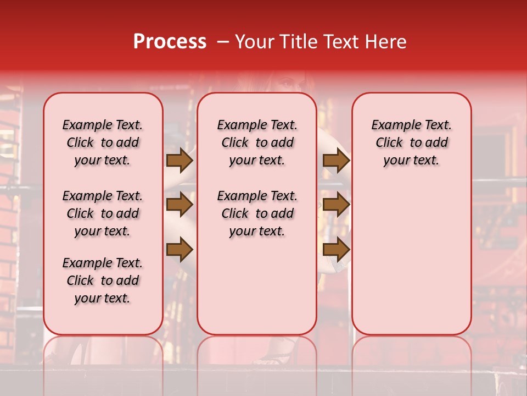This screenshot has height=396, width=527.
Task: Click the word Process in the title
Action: click(x=170, y=41)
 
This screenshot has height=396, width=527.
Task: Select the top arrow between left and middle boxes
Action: click(x=180, y=161)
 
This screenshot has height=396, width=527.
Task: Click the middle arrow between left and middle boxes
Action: click(x=180, y=205)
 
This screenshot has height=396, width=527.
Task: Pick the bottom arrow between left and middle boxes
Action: click(x=180, y=250)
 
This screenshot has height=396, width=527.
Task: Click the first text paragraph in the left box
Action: click(x=103, y=142)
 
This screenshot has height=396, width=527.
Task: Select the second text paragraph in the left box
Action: click(x=103, y=213)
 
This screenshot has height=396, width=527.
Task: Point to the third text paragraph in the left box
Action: click(x=103, y=280)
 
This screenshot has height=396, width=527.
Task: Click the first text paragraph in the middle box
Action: click(x=257, y=142)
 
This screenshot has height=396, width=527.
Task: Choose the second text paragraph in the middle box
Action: click(x=257, y=213)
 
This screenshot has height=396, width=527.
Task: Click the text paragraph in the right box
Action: click(x=411, y=142)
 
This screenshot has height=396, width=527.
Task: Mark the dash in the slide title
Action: click(x=221, y=42)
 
